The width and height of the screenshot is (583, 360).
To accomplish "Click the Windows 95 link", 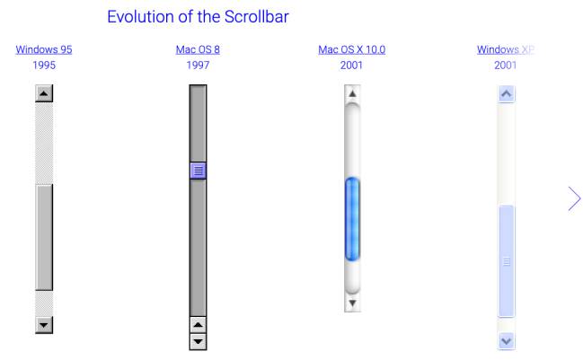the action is (x=44, y=49).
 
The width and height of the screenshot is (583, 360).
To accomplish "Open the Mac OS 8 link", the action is (x=198, y=49).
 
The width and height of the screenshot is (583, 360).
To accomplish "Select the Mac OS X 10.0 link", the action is (x=352, y=49).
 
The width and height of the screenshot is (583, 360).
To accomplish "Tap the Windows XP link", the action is (x=506, y=49).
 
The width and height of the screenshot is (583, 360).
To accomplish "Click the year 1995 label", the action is (x=44, y=66).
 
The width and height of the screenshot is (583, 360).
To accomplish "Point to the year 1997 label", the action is (x=198, y=66).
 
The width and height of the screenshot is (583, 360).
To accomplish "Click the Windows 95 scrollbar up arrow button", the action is (x=44, y=93).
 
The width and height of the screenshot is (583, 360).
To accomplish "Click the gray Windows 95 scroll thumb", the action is (x=44, y=237).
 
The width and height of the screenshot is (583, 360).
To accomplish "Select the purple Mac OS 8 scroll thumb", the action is (x=198, y=171).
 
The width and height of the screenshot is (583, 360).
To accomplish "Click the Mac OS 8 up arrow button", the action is (x=198, y=325).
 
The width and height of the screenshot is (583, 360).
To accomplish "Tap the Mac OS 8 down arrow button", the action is (x=198, y=341).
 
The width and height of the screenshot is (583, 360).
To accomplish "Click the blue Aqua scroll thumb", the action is (x=352, y=219).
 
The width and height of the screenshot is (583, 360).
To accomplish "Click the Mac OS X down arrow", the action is (x=352, y=303).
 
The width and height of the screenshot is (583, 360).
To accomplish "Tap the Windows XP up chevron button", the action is (x=506, y=93).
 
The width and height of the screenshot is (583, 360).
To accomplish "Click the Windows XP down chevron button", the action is (x=506, y=340).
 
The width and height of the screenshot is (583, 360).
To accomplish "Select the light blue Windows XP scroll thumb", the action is (x=506, y=261).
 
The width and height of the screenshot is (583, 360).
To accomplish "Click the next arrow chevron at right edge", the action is (x=575, y=198).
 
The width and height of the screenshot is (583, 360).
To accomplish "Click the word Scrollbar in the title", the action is (x=257, y=17).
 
